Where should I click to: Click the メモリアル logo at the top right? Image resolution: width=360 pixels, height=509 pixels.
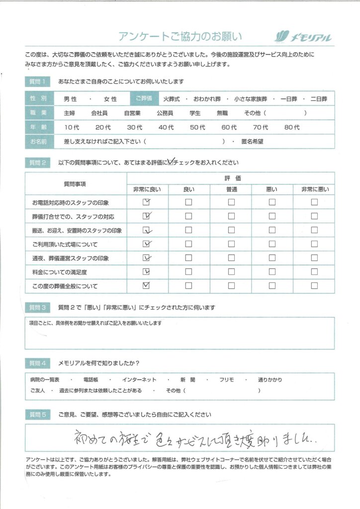303,37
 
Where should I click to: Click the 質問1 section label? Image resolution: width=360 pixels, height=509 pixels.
38,81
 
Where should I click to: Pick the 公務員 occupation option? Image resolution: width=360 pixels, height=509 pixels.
165,113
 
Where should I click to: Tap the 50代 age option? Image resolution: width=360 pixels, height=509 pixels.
197,127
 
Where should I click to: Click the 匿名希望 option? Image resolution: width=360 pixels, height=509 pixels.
252,141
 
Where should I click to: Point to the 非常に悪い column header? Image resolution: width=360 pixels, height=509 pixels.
314,189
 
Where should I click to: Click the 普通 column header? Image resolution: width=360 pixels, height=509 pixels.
231,189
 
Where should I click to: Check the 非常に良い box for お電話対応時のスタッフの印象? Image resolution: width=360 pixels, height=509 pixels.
146,202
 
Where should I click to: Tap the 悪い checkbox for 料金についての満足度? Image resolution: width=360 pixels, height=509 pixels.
272,272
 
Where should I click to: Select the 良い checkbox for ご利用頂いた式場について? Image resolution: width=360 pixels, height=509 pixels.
188,244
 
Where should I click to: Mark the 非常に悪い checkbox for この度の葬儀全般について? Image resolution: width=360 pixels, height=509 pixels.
314,286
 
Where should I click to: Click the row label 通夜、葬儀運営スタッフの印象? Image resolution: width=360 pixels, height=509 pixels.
70,258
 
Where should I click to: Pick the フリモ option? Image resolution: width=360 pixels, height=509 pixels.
227,380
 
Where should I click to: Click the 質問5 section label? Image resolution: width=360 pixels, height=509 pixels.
38,415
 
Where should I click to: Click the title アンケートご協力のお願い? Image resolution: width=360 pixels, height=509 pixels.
180,36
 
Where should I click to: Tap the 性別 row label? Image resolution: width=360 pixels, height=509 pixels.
37,99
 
